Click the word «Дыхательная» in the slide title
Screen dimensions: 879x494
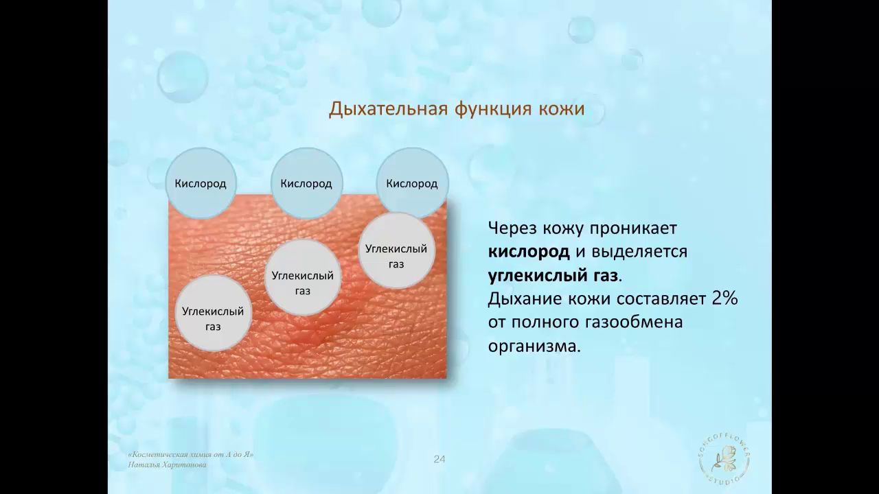point(388,109)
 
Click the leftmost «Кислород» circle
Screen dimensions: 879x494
point(201,183)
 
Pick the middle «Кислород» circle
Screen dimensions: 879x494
point(306,183)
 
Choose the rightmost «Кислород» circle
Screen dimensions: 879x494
point(412,183)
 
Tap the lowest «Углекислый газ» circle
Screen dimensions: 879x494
point(213,313)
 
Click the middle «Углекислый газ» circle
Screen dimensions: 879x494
point(303,277)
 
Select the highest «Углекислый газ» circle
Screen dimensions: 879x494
point(396,250)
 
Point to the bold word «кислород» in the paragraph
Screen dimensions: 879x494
point(529,252)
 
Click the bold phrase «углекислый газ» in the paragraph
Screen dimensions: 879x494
point(553,276)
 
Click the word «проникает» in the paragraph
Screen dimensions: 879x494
point(633,228)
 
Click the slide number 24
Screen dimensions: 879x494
point(439,459)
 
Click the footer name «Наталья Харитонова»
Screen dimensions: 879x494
point(167,465)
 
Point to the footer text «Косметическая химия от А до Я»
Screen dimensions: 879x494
point(191,455)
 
